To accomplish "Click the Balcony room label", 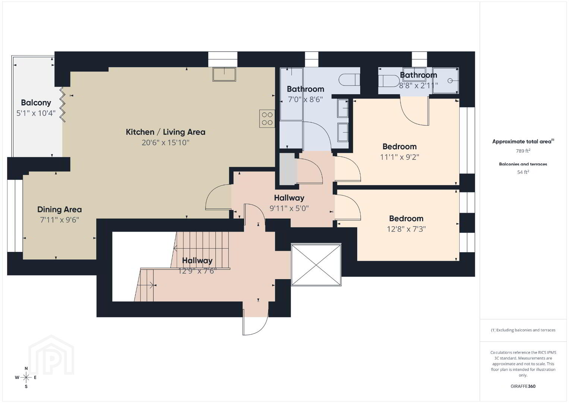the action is point(36,103).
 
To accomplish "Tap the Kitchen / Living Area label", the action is point(165,132).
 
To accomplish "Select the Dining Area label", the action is point(59,209).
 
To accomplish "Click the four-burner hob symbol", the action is point(267,119).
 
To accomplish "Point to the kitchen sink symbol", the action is point(224,74).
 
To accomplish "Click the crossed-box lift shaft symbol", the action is point(316,265).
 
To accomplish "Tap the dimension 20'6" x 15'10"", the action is point(165,143).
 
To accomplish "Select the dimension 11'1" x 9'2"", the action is point(399,157).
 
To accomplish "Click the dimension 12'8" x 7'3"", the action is point(406,229).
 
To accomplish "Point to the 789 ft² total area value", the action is point(523,151).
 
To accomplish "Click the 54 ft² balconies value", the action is point(523,172).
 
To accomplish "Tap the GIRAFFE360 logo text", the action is point(523,386).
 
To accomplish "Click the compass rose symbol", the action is point(26,378).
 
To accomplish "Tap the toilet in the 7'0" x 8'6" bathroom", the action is point(349,80).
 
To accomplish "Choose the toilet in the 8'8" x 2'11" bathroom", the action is point(389,81).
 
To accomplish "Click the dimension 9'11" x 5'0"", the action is point(289,208).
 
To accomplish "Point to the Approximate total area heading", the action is point(523,141).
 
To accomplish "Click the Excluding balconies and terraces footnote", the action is point(523,330).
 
